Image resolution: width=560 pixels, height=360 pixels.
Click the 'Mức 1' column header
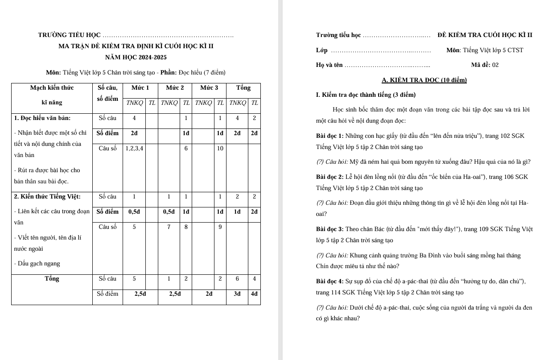140,88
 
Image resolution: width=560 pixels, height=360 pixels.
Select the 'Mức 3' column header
209,88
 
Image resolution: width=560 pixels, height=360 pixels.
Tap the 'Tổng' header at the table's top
243,88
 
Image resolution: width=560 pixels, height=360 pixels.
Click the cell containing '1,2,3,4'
134,148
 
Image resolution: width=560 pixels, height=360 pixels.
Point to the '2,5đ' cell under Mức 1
140,294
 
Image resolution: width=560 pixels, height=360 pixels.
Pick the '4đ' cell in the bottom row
254,294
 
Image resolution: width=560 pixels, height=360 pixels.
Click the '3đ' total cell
237,294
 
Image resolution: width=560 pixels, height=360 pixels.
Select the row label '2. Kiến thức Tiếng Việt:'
47,196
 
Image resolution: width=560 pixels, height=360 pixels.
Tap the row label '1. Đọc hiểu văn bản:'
42,118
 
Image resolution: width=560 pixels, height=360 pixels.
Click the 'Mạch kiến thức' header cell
52,88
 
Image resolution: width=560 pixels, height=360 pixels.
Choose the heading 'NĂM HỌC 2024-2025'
136,58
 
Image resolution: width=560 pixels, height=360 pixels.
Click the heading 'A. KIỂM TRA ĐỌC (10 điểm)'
424,80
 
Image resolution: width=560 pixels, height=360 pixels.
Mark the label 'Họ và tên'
329,65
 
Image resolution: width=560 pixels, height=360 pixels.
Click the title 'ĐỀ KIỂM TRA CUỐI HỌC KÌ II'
485,35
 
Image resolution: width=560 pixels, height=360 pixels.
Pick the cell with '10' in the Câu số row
220,148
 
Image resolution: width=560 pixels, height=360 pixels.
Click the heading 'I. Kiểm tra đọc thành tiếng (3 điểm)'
366,95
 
